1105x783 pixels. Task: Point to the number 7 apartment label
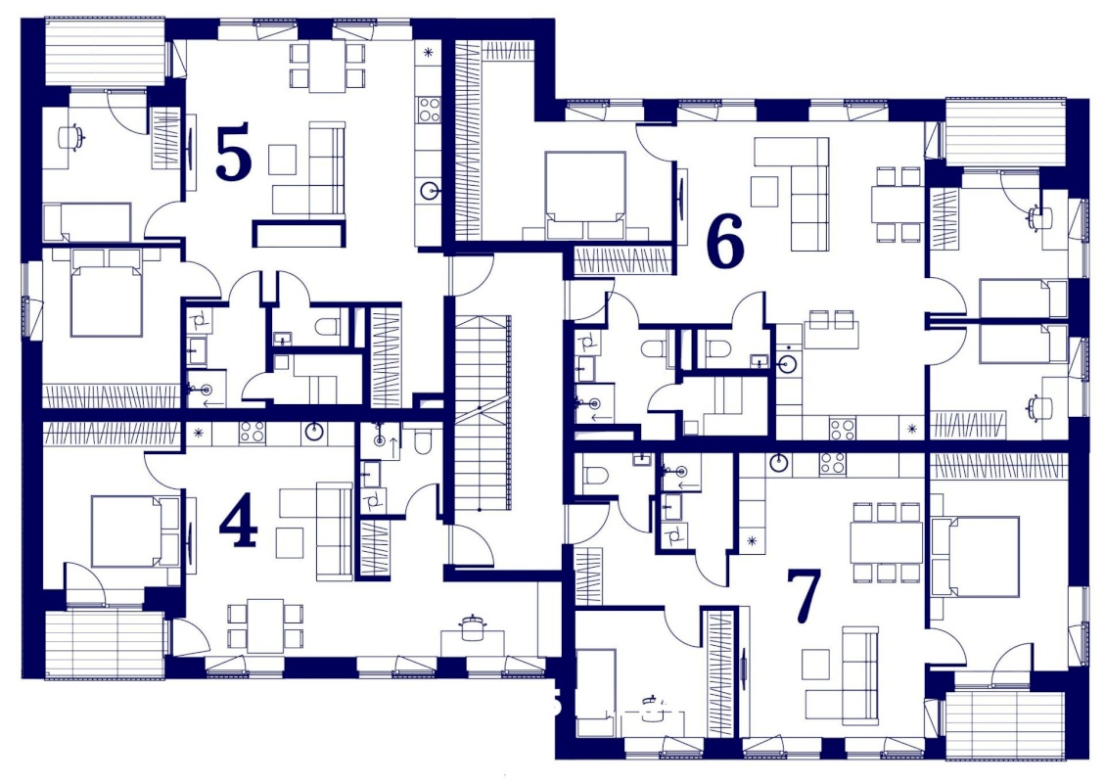[805, 596]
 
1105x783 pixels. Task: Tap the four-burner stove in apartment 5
[429, 110]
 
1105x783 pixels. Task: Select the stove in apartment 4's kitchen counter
[252, 432]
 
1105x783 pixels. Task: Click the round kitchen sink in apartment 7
[779, 462]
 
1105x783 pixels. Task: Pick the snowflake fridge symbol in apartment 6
[913, 428]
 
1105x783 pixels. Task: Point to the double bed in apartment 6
[585, 195]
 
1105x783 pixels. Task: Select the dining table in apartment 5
[328, 66]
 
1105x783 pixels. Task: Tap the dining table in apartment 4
[265, 625]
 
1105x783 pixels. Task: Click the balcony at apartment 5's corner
[105, 52]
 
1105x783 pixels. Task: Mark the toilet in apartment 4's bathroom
[424, 441]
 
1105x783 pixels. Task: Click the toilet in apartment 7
[595, 476]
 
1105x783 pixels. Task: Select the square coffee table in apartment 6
[764, 191]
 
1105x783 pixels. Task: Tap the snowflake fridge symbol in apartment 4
[199, 432]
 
